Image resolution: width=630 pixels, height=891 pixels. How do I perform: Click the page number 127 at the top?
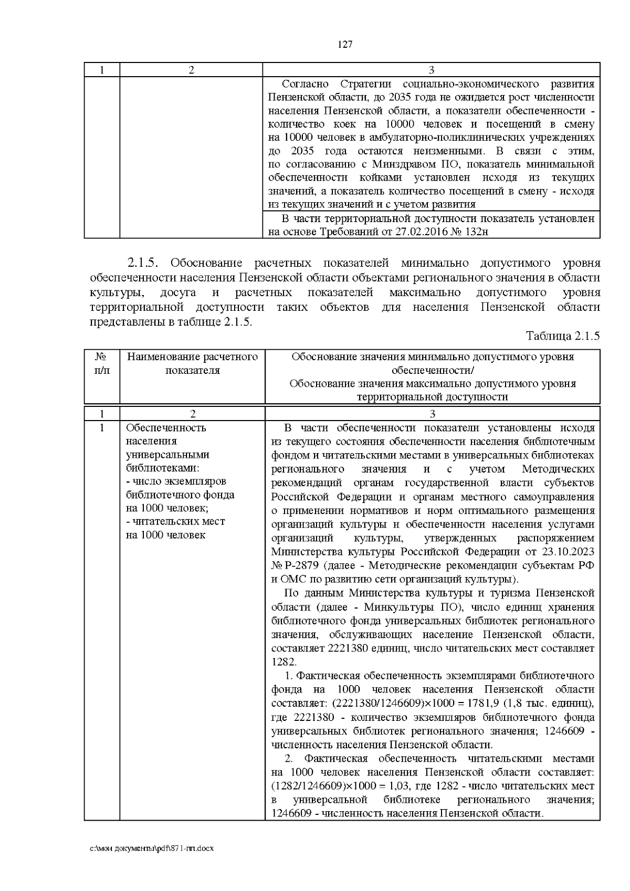[344, 45]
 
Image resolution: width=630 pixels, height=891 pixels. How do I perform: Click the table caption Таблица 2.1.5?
[562, 337]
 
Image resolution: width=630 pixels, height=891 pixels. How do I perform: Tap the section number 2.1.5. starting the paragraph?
[145, 263]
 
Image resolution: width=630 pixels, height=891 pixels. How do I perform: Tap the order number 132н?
[475, 232]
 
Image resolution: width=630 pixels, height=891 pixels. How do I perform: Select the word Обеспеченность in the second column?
[166, 427]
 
